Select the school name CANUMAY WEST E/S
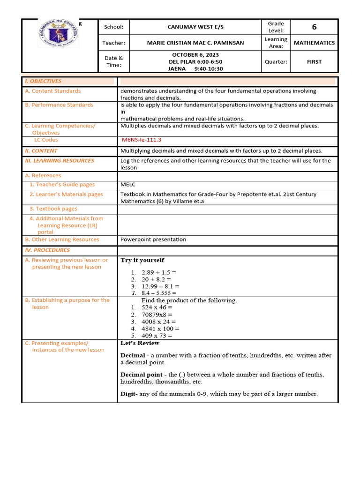[195, 27]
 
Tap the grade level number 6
[314, 27]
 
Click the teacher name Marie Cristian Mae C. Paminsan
[195, 43]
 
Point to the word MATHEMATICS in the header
[314, 43]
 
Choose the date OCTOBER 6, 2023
[195, 55]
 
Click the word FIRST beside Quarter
[314, 62]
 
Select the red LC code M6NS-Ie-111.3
[141, 140]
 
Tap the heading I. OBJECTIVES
[43, 81]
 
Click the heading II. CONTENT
[41, 151]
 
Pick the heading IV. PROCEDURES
[47, 250]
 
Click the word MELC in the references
[128, 185]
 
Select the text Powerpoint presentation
[153, 240]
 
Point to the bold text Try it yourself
[142, 260]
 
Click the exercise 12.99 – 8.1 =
[160, 286]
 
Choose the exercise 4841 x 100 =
[160, 329]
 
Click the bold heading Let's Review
[140, 343]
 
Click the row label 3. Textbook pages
[53, 209]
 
